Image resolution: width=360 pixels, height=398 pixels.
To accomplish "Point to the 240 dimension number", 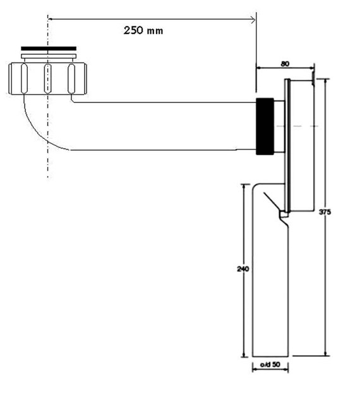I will click(244, 269).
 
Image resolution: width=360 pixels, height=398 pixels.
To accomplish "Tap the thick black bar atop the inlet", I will click(49, 48).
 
